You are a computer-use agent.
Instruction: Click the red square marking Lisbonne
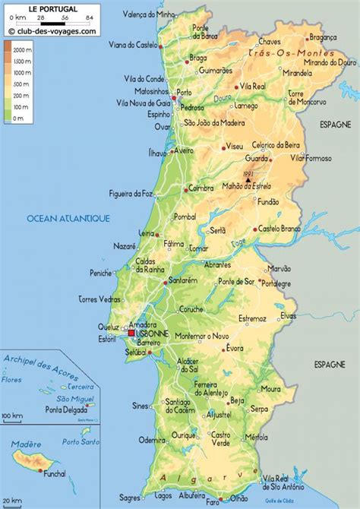(131, 333)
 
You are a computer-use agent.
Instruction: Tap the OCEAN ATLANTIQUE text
(68, 218)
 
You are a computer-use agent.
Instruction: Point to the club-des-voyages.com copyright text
(54, 31)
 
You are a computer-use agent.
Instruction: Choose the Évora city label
(236, 349)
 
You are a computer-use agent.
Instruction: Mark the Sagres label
(130, 498)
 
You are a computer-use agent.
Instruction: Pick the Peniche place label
(100, 273)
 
